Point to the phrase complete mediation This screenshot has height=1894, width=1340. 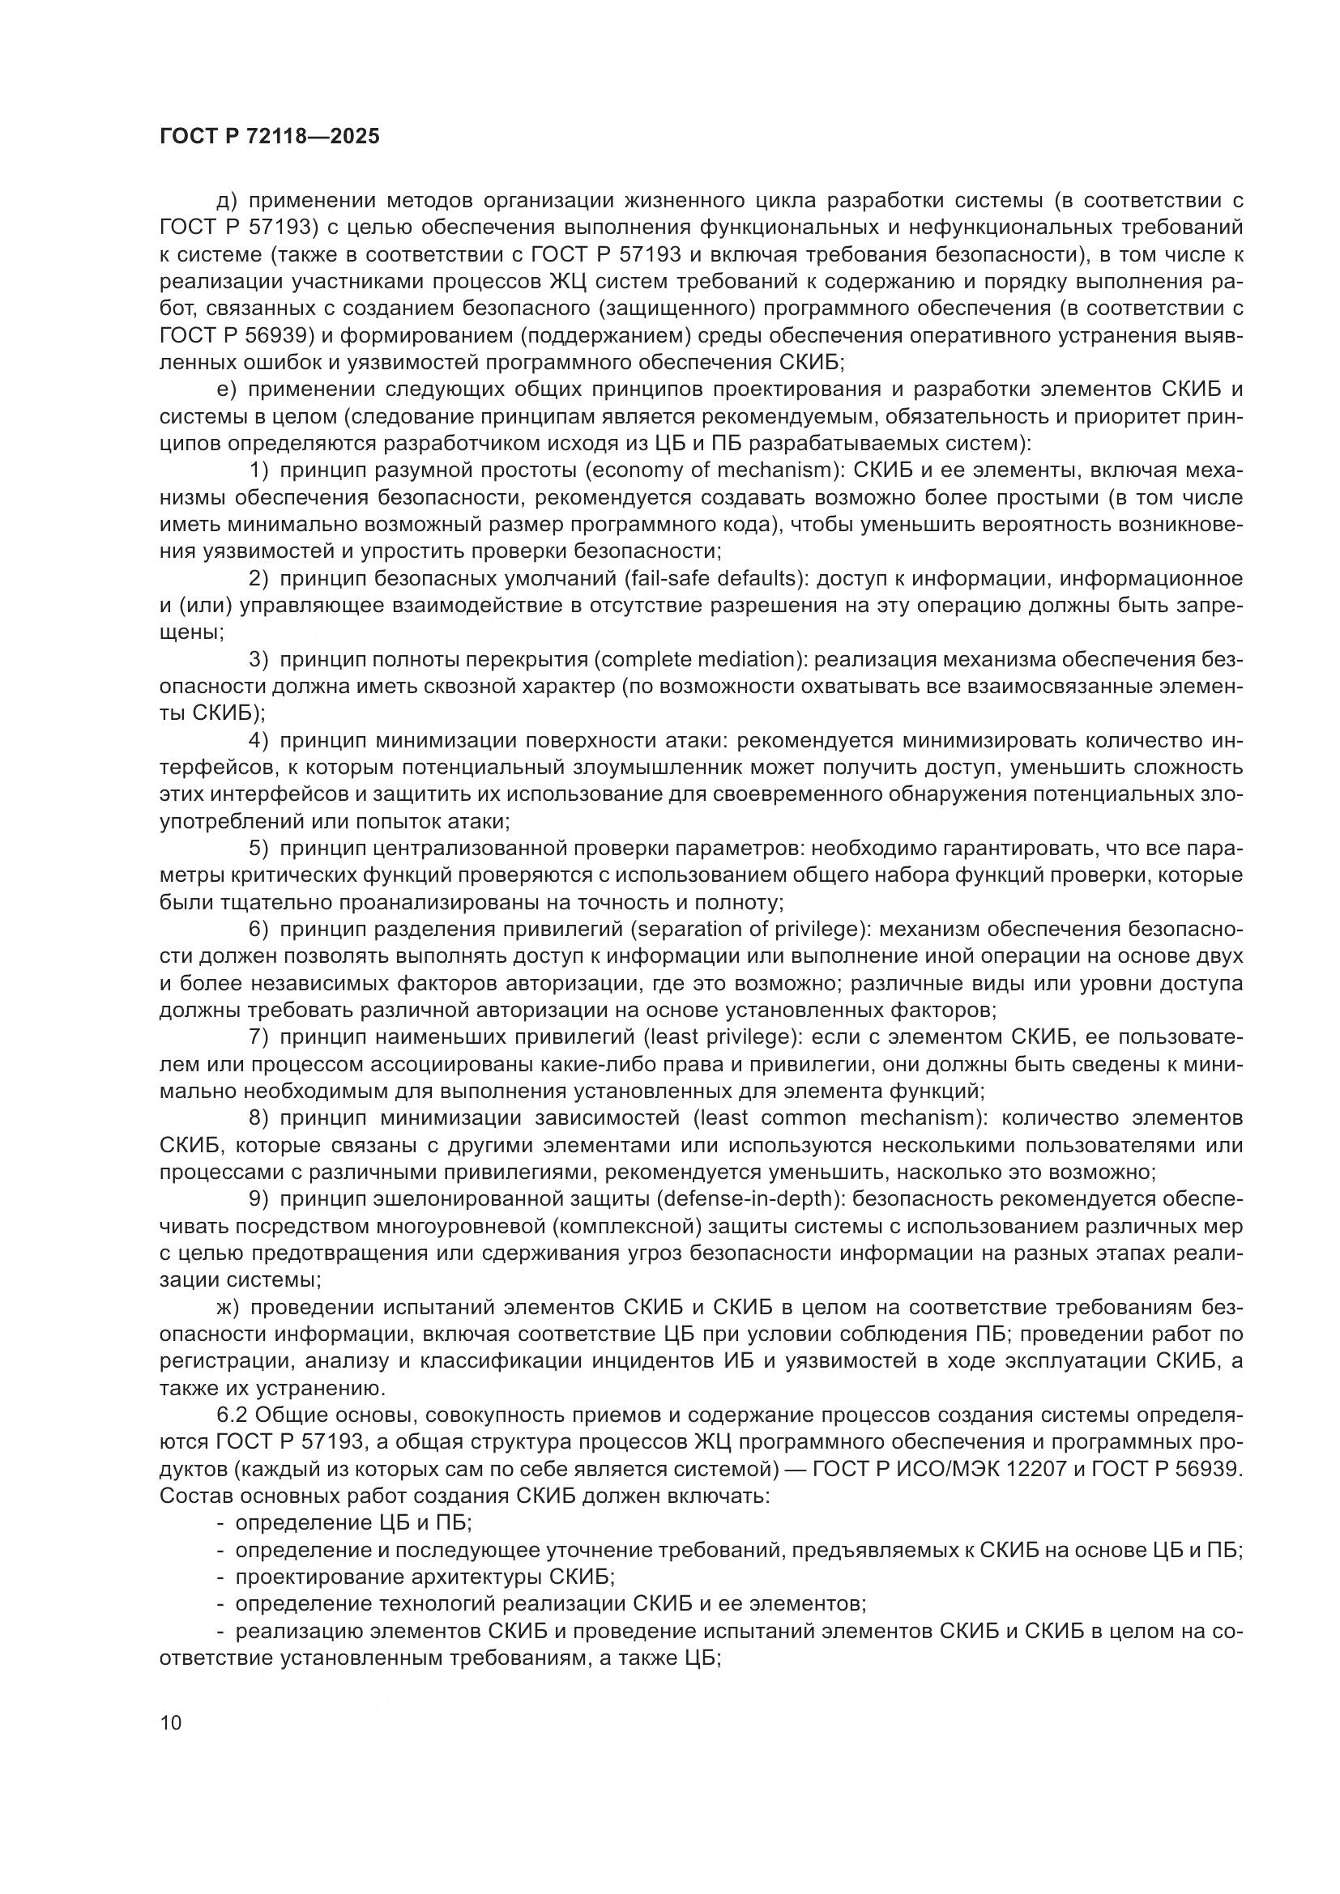pyautogui.click(x=695, y=660)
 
